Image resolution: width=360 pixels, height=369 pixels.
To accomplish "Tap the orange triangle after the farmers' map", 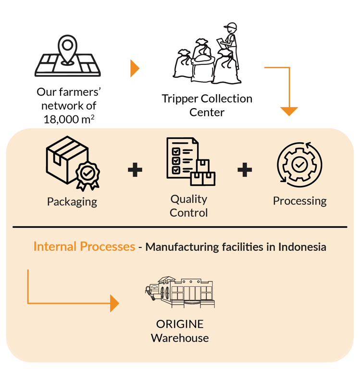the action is tap(134, 69).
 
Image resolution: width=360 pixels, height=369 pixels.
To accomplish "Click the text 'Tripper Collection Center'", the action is tap(207, 105).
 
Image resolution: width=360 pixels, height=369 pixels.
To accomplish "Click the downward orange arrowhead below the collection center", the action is tap(289, 111).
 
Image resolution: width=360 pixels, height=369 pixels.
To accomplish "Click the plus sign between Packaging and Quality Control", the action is tap(135, 170).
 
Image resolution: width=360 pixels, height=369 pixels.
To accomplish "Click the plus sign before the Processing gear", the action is tap(245, 170).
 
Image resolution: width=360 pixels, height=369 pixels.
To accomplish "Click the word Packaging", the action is tap(72, 201).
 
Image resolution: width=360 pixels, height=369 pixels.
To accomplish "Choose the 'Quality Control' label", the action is tap(189, 206).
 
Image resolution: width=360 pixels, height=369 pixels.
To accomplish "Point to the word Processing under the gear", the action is tap(299, 201).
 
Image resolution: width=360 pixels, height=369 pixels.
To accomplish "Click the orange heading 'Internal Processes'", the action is tap(84, 247).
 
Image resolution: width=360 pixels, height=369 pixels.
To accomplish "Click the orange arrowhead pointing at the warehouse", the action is tap(114, 303).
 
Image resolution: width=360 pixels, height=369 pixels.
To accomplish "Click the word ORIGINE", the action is tap(180, 324).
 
